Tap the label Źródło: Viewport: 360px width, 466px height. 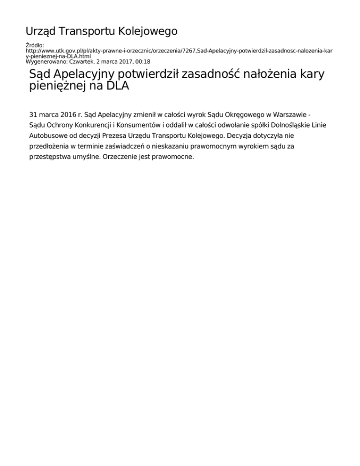[x=34, y=45]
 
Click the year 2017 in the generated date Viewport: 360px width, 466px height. [x=122, y=61]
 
